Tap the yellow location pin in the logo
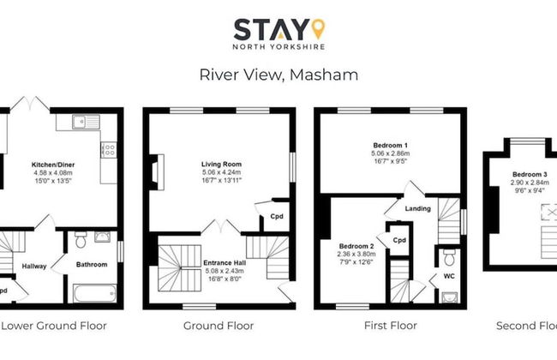point(317,27)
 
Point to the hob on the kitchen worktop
point(109,153)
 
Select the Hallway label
point(34,266)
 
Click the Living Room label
point(222,164)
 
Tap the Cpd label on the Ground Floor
point(276,216)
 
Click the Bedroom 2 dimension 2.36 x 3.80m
point(356,254)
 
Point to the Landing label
point(418,208)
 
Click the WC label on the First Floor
point(448,277)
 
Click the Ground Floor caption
point(219,326)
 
